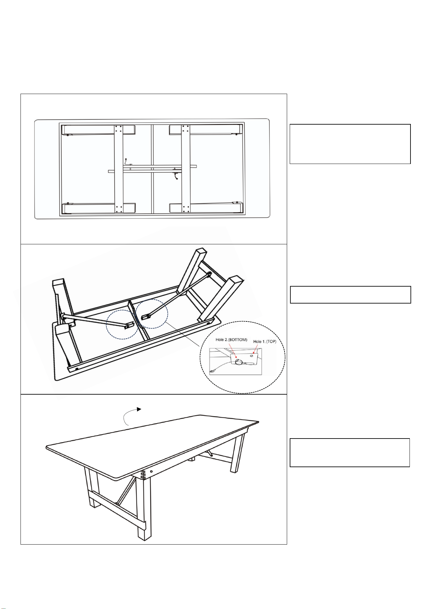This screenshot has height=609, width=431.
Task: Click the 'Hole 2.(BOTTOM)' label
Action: tap(231, 340)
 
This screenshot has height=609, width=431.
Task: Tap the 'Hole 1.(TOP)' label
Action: tap(265, 342)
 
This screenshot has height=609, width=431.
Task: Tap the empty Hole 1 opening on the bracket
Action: tap(252, 356)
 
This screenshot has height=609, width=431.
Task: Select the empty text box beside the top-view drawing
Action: tap(350, 144)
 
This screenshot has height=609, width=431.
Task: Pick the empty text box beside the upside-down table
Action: tap(351, 295)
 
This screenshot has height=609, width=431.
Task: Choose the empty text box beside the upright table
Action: tap(350, 453)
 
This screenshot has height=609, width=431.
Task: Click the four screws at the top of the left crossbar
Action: tap(118, 129)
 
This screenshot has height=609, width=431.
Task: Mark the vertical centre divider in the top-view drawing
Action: tap(152, 169)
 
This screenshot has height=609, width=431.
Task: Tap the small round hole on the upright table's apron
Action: tap(151, 471)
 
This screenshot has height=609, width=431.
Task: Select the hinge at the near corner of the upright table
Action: tap(143, 475)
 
